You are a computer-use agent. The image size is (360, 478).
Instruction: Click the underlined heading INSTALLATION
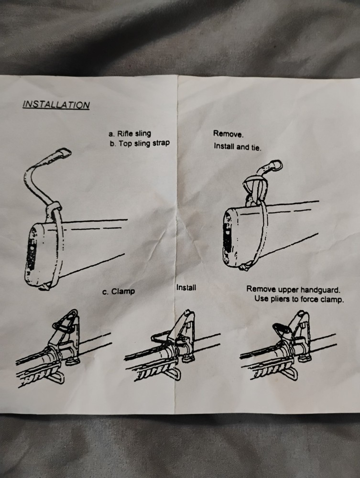56,104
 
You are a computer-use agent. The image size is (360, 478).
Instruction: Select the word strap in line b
160,143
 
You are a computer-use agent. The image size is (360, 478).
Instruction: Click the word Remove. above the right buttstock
228,134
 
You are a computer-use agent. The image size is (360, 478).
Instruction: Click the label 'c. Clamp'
119,291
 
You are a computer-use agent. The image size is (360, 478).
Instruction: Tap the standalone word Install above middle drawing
186,288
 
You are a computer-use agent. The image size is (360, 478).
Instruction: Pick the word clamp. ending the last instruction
333,300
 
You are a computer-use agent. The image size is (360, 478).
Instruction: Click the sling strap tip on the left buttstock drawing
63,153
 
